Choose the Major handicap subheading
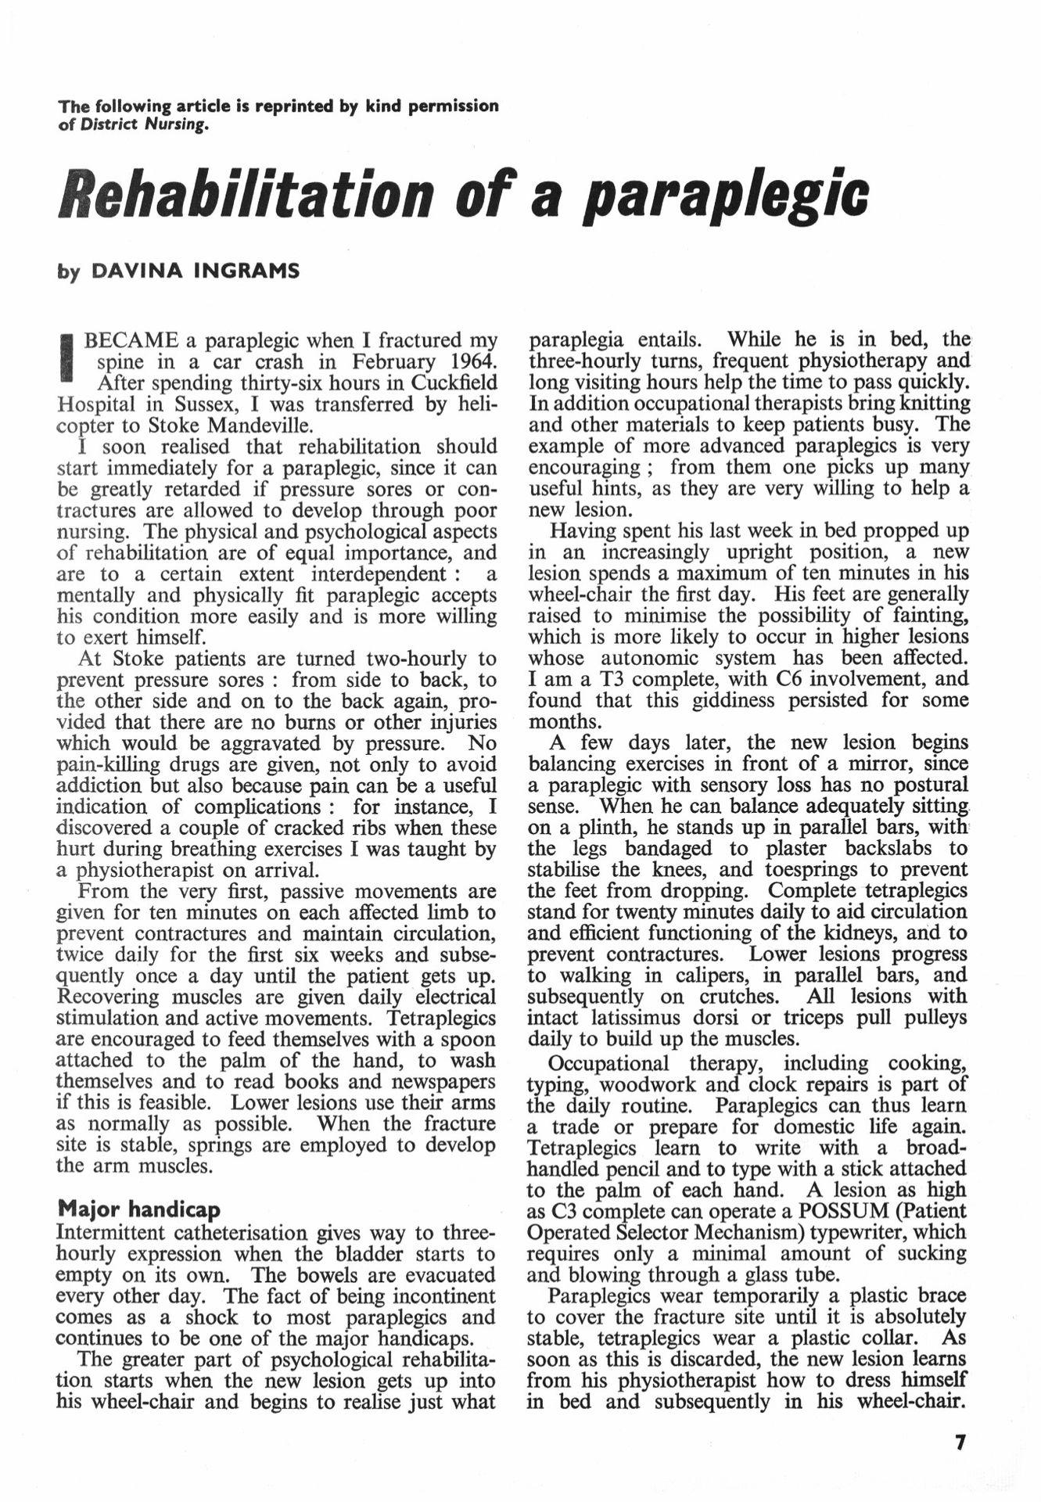coord(139,1210)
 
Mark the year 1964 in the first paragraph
coord(462,362)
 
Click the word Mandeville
coord(257,426)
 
